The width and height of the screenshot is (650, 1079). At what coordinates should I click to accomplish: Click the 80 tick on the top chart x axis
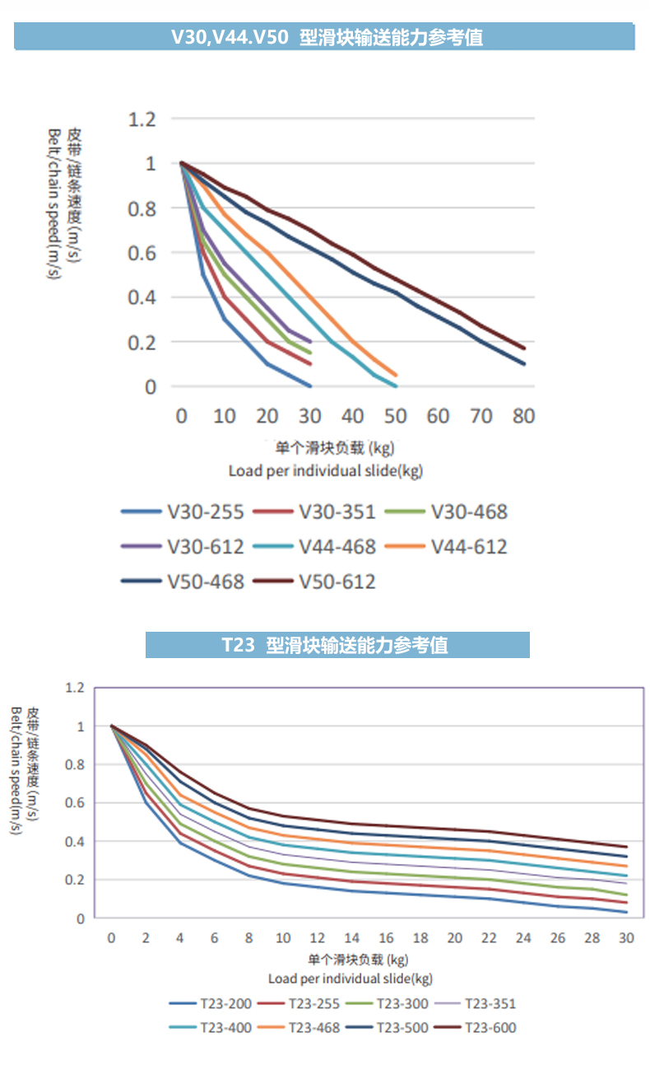tap(523, 415)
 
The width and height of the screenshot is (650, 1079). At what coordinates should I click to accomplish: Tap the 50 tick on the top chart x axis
tap(395, 415)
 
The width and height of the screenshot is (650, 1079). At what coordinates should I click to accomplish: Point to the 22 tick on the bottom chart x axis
tap(489, 938)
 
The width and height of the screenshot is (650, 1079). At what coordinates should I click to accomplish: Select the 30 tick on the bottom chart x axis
tap(626, 938)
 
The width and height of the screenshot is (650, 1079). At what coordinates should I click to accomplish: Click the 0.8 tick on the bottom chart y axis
tap(75, 764)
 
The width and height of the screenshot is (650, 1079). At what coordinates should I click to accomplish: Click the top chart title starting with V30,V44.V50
tap(327, 37)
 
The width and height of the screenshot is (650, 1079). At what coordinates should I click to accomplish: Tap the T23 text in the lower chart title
tap(239, 645)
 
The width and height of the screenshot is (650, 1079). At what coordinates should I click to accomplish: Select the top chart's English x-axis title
tap(325, 470)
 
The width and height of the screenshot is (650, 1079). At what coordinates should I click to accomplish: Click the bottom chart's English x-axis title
tap(351, 978)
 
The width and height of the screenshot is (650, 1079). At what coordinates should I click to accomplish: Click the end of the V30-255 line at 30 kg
tap(310, 385)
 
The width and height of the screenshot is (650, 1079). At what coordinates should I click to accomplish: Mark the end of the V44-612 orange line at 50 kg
tap(396, 375)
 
